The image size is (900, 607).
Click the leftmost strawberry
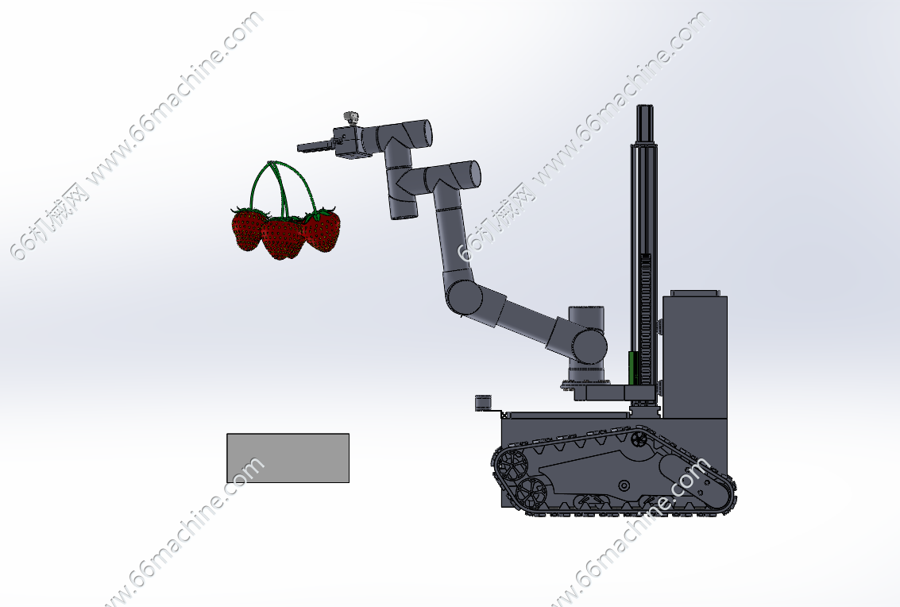pyautogui.click(x=247, y=230)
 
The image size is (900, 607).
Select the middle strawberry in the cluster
pyautogui.click(x=283, y=238)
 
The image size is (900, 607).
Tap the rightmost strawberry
pyautogui.click(x=322, y=229)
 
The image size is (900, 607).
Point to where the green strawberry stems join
pyautogui.click(x=272, y=163)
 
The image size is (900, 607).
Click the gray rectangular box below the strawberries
pyautogui.click(x=288, y=458)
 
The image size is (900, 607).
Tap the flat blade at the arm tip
pyautogui.click(x=315, y=146)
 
